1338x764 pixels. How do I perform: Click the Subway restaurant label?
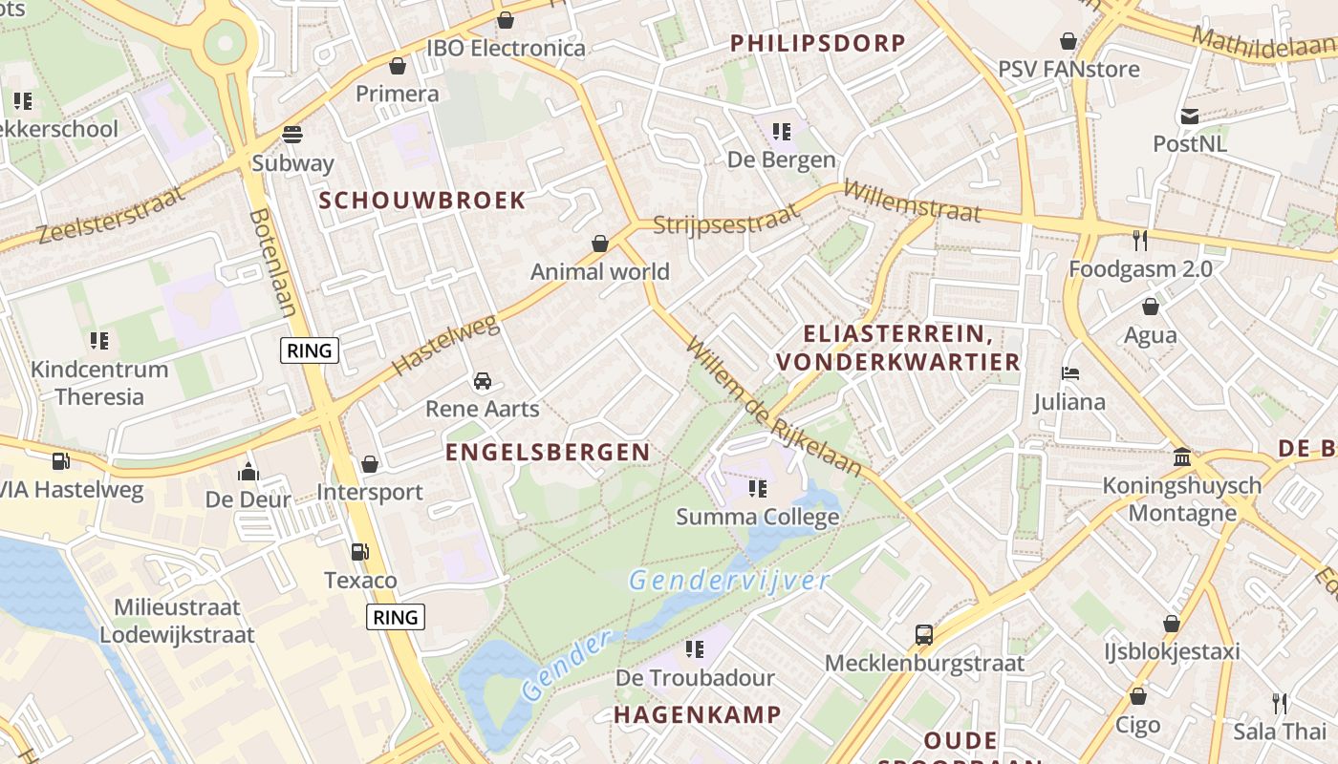(x=292, y=162)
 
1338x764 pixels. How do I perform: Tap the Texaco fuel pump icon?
(x=359, y=552)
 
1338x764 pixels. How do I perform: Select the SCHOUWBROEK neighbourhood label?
(x=421, y=201)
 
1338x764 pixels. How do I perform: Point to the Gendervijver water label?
(x=729, y=579)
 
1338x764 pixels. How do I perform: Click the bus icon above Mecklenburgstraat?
(x=923, y=635)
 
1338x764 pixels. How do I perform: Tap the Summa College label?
(x=757, y=518)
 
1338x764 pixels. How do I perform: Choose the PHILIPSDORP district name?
(x=817, y=43)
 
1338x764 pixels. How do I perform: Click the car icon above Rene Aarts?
(x=483, y=381)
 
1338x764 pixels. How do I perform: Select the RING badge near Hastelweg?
(x=311, y=350)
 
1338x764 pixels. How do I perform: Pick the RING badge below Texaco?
(x=396, y=617)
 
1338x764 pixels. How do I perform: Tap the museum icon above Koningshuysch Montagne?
(x=1182, y=457)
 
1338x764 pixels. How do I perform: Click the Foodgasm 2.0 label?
(x=1140, y=269)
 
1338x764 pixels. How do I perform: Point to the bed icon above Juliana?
(x=1070, y=373)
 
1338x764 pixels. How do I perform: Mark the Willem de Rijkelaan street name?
(x=774, y=407)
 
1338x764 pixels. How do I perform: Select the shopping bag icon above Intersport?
(x=370, y=465)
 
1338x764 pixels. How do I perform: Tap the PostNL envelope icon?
(x=1190, y=117)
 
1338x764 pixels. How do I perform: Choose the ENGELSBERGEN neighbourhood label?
(x=548, y=453)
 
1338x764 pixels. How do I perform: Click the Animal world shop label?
(x=600, y=272)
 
